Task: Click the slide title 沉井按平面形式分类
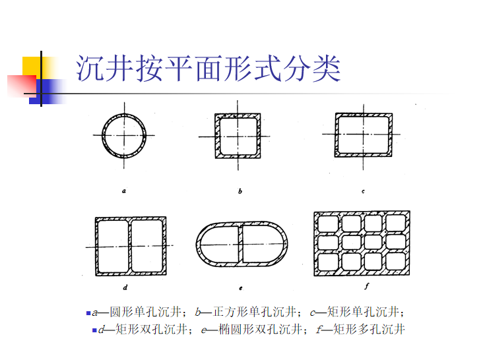(208, 69)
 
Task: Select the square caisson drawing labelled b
(238, 136)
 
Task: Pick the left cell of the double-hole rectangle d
(112, 247)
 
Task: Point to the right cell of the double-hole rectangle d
(146, 247)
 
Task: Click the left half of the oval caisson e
(219, 246)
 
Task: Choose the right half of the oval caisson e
(263, 246)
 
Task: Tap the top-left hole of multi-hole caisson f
(329, 224)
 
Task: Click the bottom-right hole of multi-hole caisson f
(396, 262)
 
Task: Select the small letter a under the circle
(124, 191)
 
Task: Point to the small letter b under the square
(240, 191)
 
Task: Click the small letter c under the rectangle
(363, 191)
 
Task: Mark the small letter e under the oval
(242, 288)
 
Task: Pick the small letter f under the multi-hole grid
(367, 286)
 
